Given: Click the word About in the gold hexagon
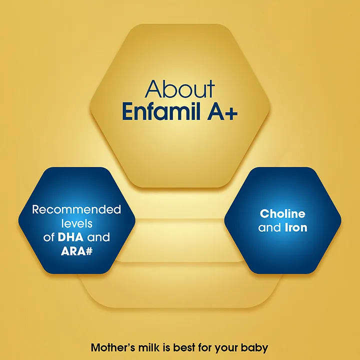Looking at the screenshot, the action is (180, 89).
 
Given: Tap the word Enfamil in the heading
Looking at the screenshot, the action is (161, 111).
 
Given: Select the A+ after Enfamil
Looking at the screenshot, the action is (222, 112).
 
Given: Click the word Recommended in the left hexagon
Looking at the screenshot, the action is (76, 209).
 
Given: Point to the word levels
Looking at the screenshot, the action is (76, 223).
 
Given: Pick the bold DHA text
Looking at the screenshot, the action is (70, 237).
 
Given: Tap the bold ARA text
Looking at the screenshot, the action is (71, 251).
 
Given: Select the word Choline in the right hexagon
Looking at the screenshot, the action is (282, 214).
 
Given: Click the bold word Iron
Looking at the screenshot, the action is (296, 227).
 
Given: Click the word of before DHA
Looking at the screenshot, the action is (48, 237).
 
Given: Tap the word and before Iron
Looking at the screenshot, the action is (270, 227).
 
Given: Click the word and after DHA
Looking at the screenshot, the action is (98, 237).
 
